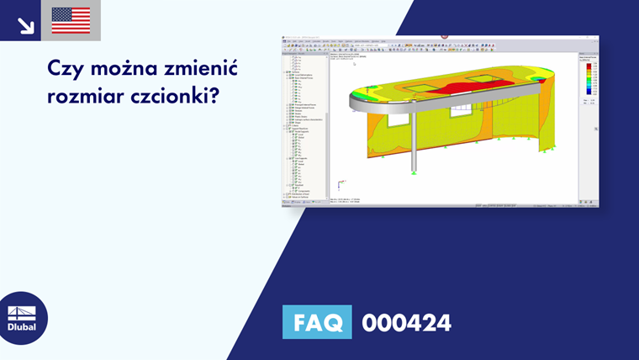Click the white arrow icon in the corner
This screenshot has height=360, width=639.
point(25,24)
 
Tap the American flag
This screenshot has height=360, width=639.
point(71,20)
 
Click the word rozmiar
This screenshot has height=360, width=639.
point(82,97)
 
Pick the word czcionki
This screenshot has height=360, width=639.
point(172,97)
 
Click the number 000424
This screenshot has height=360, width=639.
point(406,322)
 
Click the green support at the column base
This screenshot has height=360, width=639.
point(414,172)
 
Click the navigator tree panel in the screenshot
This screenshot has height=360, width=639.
point(304,126)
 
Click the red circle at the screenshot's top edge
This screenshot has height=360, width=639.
point(445,37)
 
